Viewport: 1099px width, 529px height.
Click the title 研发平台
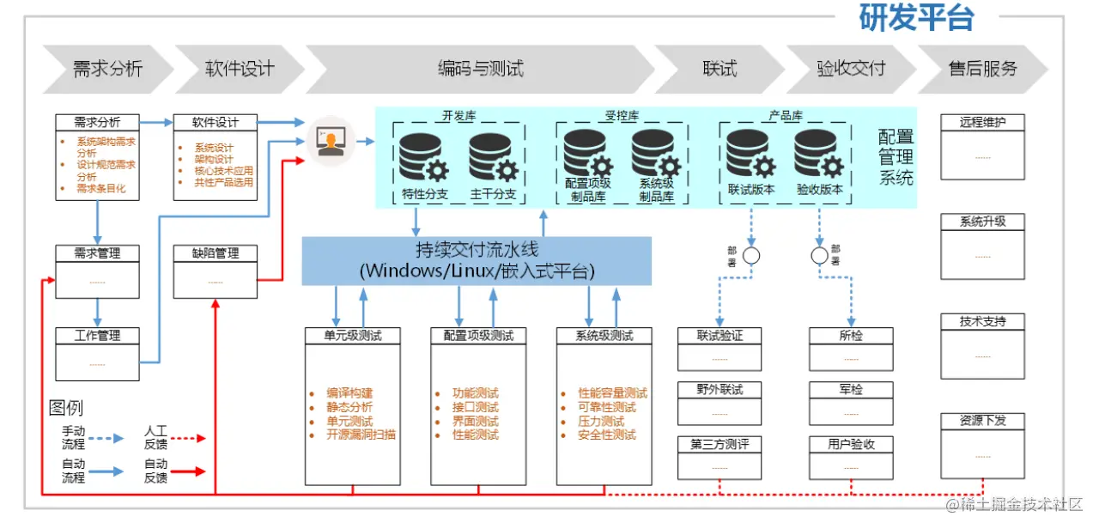pos(917,18)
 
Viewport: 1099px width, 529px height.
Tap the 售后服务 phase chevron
pos(982,69)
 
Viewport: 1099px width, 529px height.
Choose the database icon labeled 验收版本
pos(819,155)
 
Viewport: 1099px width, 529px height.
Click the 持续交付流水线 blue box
pos(477,260)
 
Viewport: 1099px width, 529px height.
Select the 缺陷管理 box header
pos(216,253)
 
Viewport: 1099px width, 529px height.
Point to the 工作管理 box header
pos(97,336)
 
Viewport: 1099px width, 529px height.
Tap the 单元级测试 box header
pos(353,336)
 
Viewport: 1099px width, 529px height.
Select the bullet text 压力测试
pos(601,421)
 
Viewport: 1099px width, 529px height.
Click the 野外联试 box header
pos(720,390)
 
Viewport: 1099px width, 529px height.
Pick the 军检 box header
pos(851,390)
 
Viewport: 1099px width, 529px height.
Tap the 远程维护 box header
pos(982,122)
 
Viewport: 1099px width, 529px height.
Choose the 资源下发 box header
pos(982,421)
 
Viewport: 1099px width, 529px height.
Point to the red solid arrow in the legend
pos(189,471)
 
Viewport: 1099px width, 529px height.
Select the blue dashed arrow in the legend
pos(106,438)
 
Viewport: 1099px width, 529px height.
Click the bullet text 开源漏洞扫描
pos(361,435)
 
